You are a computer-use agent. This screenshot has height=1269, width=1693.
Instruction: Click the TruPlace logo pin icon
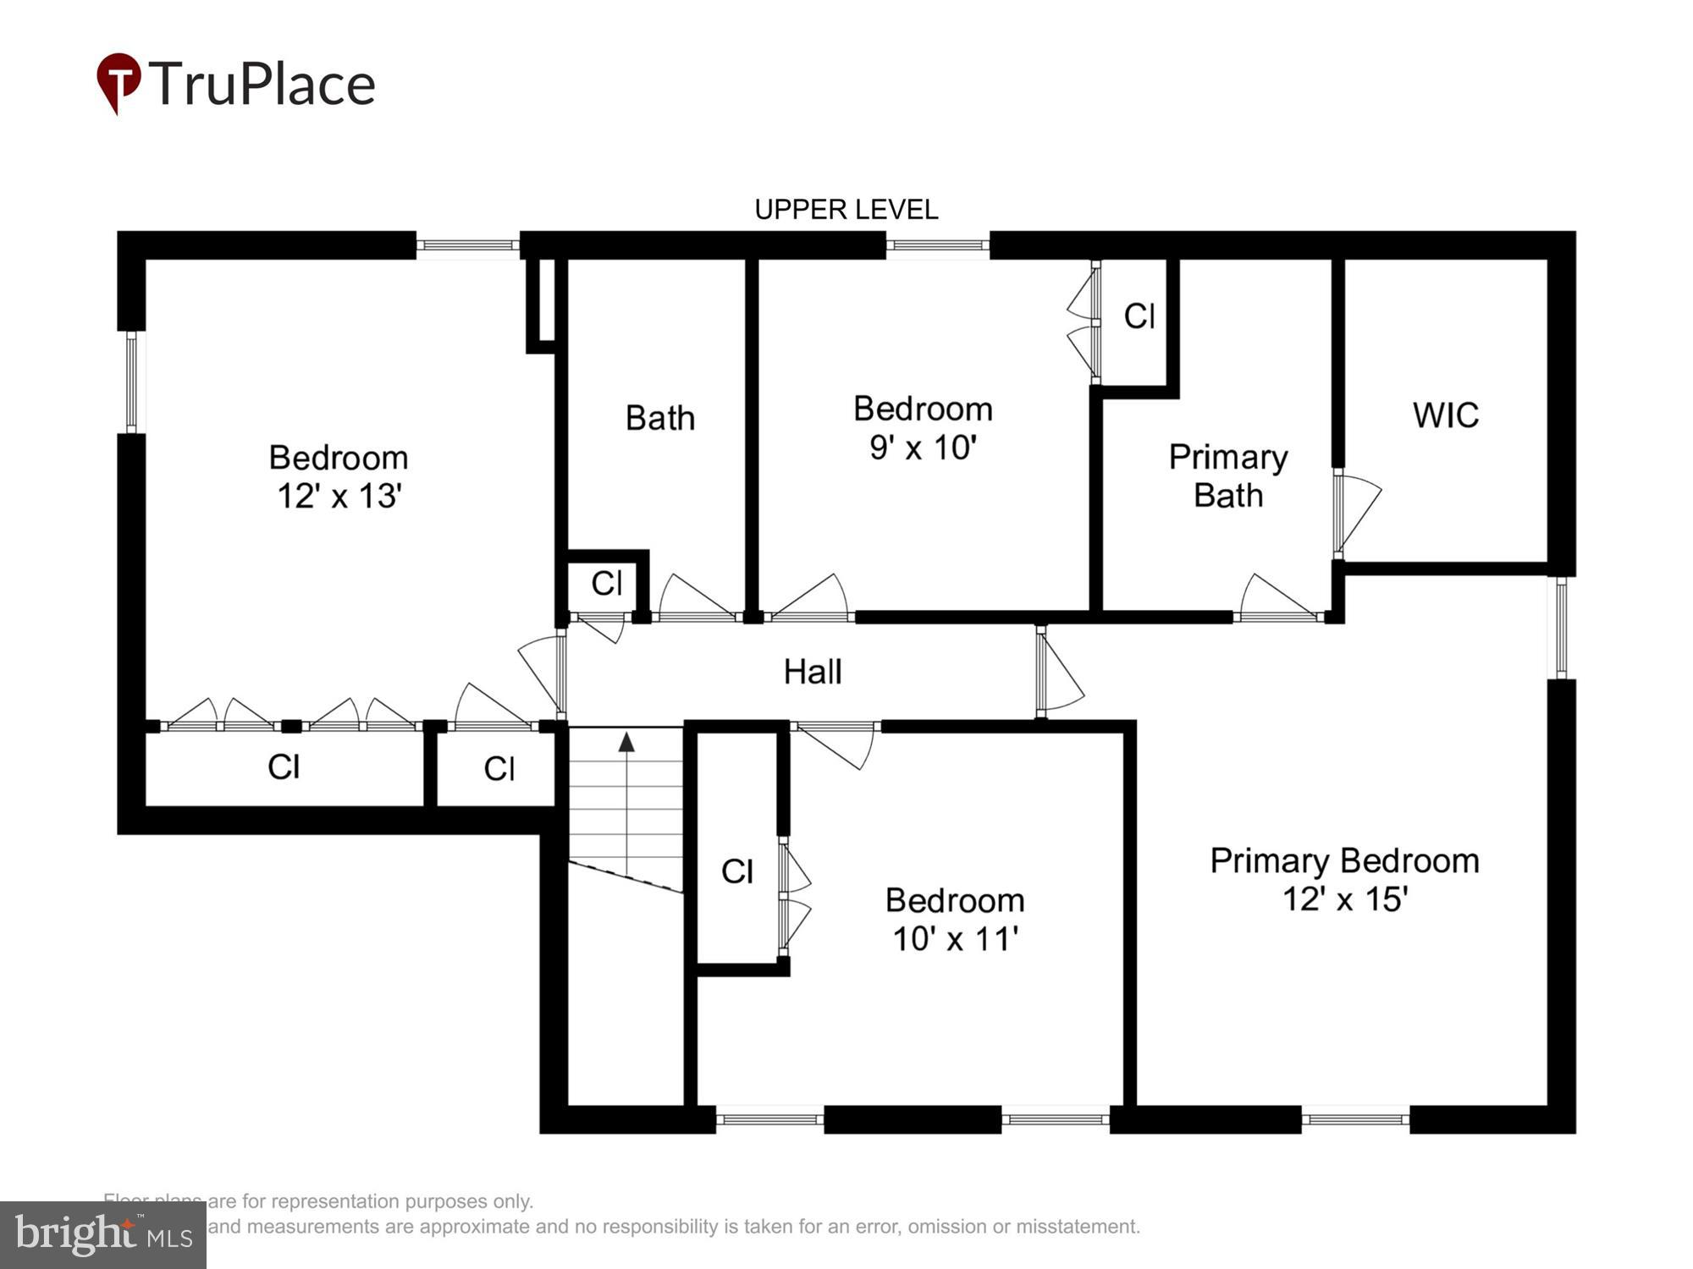tap(119, 82)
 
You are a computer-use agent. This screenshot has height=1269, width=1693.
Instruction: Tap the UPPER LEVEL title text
tap(846, 210)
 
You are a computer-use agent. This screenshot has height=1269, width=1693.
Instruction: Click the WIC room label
tap(1446, 415)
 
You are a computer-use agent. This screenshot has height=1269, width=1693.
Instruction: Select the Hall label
tap(813, 672)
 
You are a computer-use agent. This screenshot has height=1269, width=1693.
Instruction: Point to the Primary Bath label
tap(1227, 475)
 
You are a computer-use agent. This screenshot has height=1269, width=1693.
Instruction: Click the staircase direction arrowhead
tap(626, 743)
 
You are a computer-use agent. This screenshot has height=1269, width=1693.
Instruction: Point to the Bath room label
tap(660, 418)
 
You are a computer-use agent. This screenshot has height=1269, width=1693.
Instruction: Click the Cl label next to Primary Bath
tap(1139, 316)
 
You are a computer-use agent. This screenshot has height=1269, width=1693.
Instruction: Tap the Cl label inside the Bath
tap(606, 583)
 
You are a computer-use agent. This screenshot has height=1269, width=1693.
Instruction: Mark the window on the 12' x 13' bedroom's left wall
tap(131, 382)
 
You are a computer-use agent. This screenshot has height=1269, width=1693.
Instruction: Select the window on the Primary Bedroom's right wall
tap(1562, 627)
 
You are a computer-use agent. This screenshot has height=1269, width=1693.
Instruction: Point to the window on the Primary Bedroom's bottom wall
tap(1355, 1119)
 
